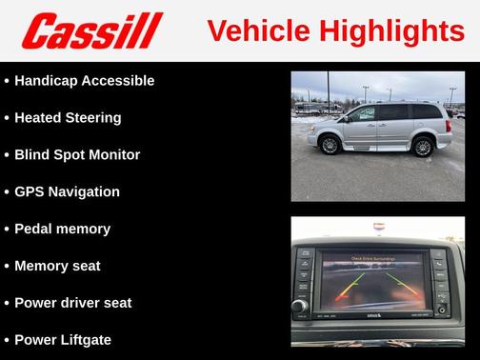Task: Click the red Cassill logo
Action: (92, 30)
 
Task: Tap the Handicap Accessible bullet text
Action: (84, 81)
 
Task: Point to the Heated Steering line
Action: (68, 118)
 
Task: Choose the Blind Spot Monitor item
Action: (77, 154)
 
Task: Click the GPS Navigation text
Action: (67, 191)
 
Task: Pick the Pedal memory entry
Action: (62, 229)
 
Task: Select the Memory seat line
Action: (57, 266)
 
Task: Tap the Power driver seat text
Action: (72, 303)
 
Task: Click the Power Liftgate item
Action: (63, 339)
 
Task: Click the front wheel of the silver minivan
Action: (330, 146)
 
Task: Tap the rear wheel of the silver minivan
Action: (419, 146)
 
